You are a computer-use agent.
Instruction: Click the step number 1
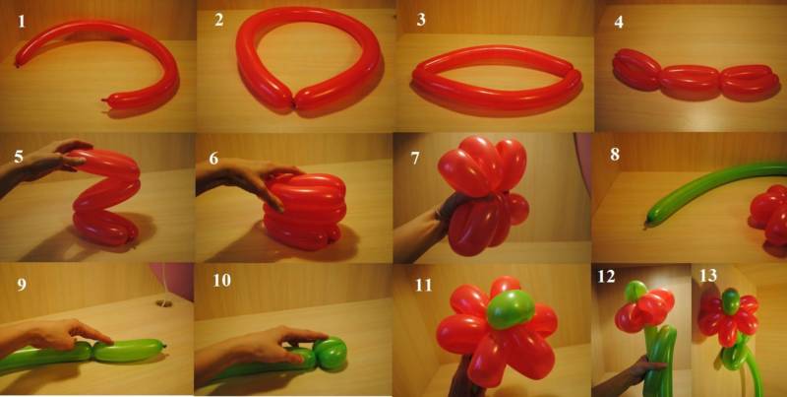[21, 22]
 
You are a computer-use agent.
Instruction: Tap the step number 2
[218, 20]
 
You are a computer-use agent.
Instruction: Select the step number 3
[421, 20]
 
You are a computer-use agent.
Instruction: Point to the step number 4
[619, 23]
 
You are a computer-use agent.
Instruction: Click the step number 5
[19, 157]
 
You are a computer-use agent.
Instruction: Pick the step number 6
[213, 159]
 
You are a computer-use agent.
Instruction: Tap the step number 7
[414, 159]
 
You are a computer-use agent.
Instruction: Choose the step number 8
[615, 155]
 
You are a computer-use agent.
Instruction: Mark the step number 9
[22, 285]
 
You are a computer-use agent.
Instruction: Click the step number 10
[221, 281]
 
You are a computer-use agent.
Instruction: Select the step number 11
[424, 285]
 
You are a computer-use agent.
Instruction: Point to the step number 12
[606, 277]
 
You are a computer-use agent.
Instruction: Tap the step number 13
[708, 276]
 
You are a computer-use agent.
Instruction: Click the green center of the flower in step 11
[511, 309]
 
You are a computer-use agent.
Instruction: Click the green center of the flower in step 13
[731, 301]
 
